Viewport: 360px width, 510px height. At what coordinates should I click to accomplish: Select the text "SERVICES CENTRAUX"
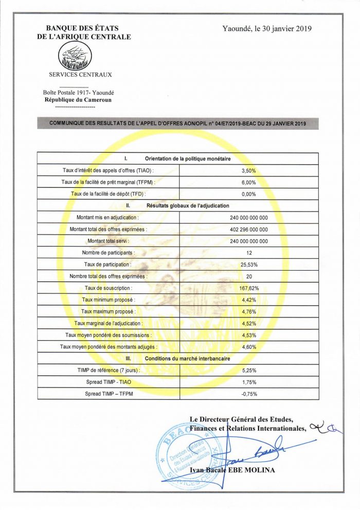point(80,75)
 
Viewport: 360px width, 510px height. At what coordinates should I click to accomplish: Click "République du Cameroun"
point(78,100)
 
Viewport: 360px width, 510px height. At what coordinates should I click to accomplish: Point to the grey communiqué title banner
point(178,124)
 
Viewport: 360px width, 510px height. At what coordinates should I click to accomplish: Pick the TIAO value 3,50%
point(248,170)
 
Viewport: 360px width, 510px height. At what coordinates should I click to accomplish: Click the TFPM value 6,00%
point(248,182)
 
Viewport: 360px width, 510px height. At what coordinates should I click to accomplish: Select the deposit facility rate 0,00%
point(248,194)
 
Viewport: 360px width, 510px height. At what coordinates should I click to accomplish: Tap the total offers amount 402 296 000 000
point(248,230)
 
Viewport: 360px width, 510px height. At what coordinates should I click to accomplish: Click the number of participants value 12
point(248,253)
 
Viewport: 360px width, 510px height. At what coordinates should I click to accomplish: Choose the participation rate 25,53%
point(248,265)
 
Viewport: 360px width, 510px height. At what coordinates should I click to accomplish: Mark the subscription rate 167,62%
point(248,288)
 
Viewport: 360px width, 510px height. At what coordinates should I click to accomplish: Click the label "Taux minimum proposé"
point(109,300)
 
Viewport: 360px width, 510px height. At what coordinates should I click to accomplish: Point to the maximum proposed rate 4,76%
point(248,312)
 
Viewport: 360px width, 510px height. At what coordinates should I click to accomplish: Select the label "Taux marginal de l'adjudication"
point(109,324)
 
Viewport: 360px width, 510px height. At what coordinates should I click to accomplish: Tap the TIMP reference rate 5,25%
point(248,371)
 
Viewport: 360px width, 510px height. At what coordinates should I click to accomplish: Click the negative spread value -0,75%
point(248,394)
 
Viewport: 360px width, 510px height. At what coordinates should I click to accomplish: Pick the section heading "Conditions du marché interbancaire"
point(187,359)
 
